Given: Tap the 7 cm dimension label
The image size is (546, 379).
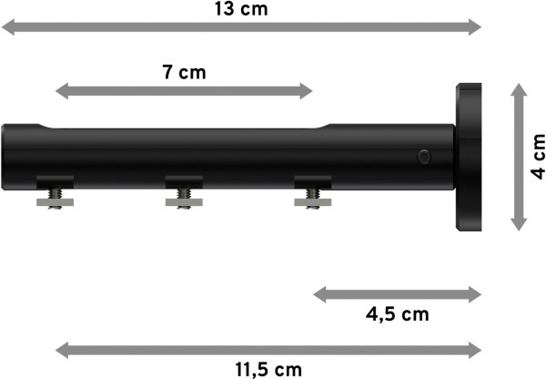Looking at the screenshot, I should coord(185,72).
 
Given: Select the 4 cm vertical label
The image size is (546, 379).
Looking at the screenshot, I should coord(537,156).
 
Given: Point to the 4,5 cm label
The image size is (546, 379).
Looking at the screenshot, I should coord(397,314).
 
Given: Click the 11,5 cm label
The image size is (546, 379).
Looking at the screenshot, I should coord(268,368).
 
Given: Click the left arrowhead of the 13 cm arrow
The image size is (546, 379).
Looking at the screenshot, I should coord(7,28).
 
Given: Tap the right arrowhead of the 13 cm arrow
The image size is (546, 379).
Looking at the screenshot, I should coord(474,28).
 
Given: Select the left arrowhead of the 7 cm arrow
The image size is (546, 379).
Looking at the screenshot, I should coord(62,90).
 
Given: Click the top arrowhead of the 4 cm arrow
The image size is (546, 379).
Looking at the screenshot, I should coord(518,89).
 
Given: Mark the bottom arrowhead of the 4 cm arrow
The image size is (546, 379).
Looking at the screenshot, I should coord(518,223).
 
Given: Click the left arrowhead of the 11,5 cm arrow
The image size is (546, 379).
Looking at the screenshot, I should coord(62,349).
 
